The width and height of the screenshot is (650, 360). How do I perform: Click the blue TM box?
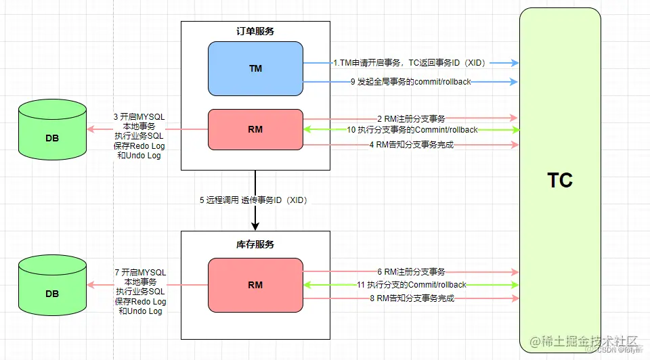coord(255,68)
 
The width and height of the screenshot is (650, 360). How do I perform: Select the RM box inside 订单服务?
coord(255,129)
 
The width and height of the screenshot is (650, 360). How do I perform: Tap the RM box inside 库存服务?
coord(255,285)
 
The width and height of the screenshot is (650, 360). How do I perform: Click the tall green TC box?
coord(560,180)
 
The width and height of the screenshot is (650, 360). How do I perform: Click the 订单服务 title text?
coord(255,31)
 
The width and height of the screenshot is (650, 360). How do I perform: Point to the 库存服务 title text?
coord(255,244)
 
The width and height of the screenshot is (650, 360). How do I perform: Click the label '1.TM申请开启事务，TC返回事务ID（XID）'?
coord(410,62)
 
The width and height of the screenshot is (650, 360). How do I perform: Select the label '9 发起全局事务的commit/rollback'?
coord(410,82)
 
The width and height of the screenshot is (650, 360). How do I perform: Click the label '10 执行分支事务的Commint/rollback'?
coord(412,130)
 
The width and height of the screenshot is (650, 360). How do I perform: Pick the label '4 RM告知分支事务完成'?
coord(411,145)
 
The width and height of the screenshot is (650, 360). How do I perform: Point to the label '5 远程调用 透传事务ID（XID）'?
coord(258,200)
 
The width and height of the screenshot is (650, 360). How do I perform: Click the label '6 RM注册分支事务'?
coord(411,271)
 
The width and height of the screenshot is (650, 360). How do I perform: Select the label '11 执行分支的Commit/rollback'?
coord(412,285)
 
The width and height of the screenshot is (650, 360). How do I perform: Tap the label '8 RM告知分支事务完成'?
coord(411,298)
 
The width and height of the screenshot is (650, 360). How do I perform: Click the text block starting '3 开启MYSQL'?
coord(139,136)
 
